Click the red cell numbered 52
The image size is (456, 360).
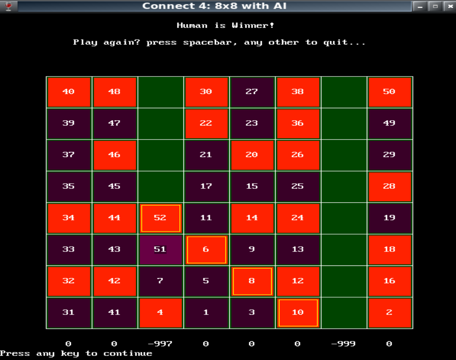[160, 218]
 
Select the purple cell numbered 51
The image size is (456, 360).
[160, 249]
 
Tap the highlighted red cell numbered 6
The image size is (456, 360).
[206, 249]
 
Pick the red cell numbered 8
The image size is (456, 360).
[252, 281]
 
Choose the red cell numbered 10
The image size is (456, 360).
[298, 313]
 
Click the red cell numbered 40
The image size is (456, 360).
[69, 92]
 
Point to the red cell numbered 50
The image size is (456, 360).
[389, 92]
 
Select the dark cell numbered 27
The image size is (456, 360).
[252, 92]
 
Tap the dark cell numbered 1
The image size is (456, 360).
[206, 313]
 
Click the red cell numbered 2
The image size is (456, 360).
[389, 313]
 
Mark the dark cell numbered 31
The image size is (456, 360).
[69, 313]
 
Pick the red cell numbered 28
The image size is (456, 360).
[389, 186]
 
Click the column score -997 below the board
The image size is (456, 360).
[160, 344]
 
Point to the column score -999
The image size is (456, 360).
[344, 344]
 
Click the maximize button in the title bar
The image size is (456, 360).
[435, 6]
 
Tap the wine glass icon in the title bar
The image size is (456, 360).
[8, 6]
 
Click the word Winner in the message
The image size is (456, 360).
[253, 25]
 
